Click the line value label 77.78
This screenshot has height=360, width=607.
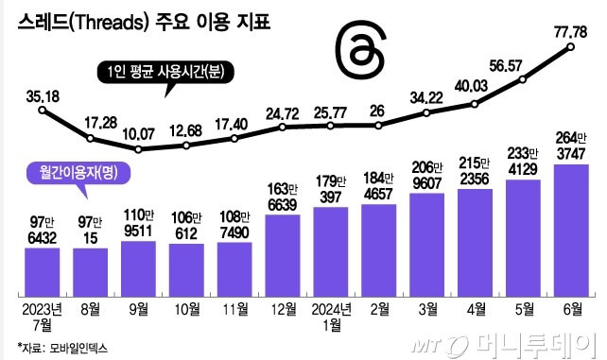tap(572, 33)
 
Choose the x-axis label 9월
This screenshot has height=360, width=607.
tap(139, 308)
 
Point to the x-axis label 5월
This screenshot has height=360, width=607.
tap(524, 308)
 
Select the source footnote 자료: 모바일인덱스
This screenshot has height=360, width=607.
tap(62, 347)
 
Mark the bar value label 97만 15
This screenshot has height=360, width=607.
tap(91, 230)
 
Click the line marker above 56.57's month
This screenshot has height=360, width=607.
tap(524, 83)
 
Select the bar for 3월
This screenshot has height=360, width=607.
tap(428, 236)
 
